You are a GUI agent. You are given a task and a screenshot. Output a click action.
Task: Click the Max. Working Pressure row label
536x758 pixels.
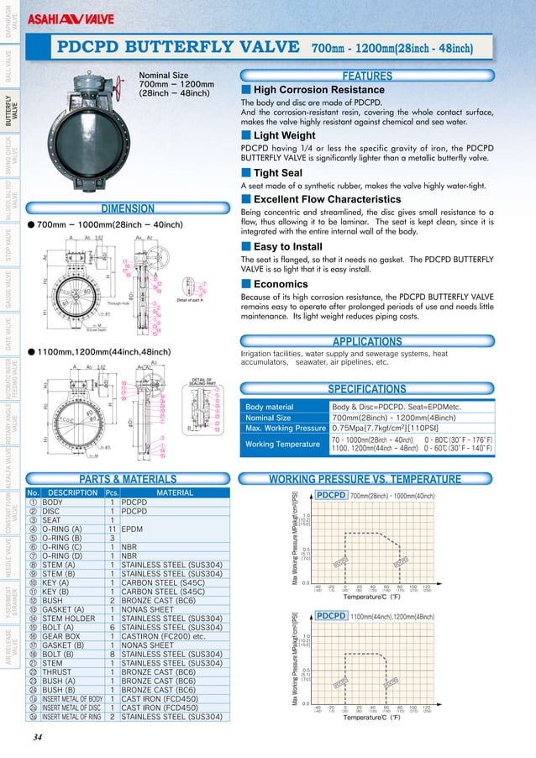(284, 429)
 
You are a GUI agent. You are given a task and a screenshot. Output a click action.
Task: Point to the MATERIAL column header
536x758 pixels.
(174, 492)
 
